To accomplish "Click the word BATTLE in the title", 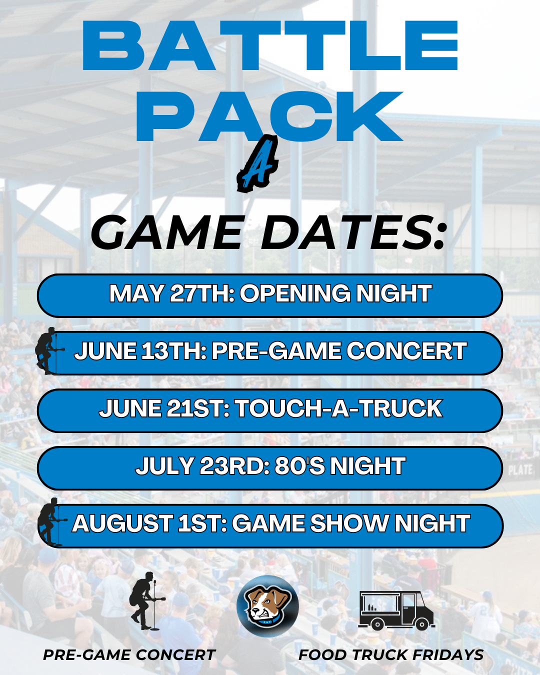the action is [270, 45].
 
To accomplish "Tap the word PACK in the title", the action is [269, 116].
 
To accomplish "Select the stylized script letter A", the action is [258, 163].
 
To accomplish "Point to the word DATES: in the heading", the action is [353, 232].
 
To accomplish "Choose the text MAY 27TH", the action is [172, 293].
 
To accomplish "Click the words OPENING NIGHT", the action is [335, 293].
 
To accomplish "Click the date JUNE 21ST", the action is [164, 408].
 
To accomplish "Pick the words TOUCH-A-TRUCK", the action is [339, 408].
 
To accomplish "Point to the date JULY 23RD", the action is [202, 466].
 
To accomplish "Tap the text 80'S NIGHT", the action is [340, 466].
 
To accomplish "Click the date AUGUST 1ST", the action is [149, 523].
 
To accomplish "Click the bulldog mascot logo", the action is [267, 606].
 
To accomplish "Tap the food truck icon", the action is [396, 610].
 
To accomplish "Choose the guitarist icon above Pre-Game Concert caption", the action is [147, 601].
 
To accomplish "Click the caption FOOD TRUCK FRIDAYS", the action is [391, 655].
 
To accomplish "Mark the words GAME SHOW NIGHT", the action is [351, 523].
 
